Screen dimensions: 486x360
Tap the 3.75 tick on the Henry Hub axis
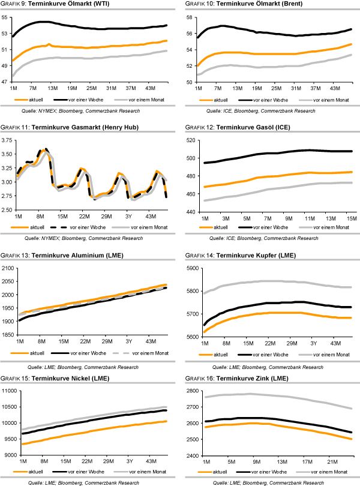7,140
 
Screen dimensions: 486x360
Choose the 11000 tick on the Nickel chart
8,391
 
